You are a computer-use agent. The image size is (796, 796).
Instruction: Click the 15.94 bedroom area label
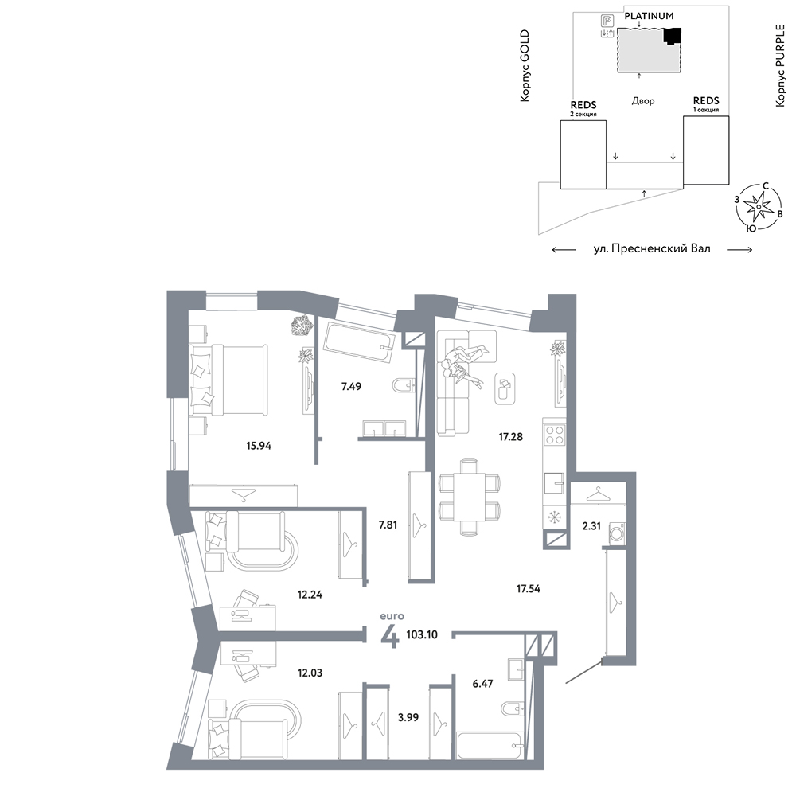(259, 447)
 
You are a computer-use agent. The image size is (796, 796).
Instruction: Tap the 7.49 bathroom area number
(351, 387)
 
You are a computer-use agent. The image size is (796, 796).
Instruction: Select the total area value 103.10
(422, 635)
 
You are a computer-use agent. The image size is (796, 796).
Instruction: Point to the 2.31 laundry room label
(591, 526)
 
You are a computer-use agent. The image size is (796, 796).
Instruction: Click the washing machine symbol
(618, 534)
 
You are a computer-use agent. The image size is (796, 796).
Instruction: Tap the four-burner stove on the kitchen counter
(554, 435)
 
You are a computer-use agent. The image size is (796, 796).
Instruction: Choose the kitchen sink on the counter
(554, 483)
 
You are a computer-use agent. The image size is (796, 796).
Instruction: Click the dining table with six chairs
(469, 497)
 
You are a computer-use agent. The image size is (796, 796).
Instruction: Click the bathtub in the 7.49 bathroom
(359, 342)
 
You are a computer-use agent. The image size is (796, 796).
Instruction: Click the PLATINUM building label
(649, 16)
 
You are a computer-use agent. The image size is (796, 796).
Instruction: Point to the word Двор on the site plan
(643, 101)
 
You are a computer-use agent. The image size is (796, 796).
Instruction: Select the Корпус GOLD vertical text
(525, 65)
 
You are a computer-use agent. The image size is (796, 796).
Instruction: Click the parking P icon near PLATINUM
(607, 21)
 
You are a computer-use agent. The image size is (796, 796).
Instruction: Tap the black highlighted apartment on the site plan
(672, 36)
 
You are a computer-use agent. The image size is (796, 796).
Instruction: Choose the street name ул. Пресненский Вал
(652, 249)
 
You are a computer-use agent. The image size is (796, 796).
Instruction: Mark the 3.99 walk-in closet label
(408, 718)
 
